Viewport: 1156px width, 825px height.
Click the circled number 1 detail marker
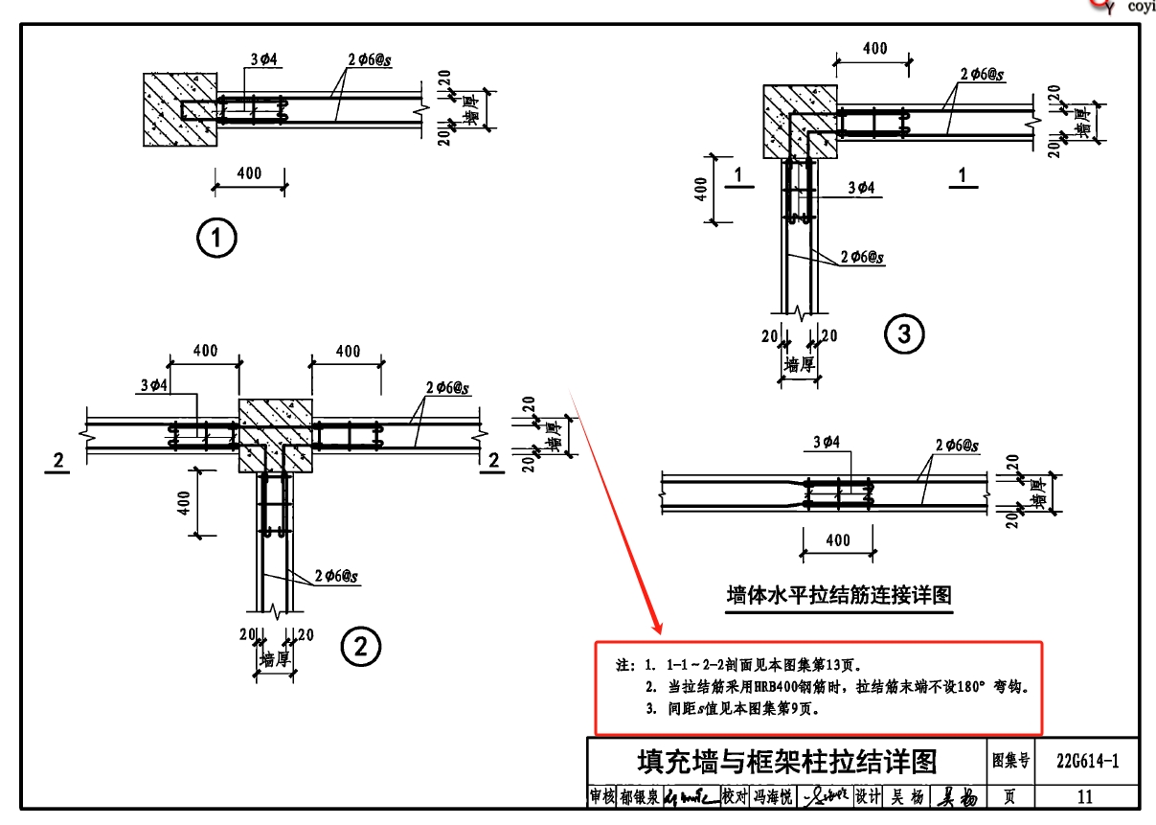(216, 238)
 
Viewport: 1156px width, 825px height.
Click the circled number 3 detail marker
(904, 333)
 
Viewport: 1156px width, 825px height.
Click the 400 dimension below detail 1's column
(249, 173)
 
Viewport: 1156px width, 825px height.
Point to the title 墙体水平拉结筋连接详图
(838, 595)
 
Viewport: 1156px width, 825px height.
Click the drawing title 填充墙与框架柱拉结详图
(787, 762)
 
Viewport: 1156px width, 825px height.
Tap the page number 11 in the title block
(1085, 796)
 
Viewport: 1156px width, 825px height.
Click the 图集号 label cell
(1010, 762)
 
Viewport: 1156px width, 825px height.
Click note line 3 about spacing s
(733, 710)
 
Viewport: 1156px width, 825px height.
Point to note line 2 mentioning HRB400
(833, 687)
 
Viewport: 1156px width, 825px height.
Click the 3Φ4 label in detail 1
(263, 59)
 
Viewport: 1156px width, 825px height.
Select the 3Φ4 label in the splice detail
(826, 443)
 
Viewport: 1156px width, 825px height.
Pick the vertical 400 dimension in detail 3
(701, 190)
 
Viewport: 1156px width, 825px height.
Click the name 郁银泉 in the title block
(639, 796)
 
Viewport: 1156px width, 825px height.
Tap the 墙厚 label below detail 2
(275, 659)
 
